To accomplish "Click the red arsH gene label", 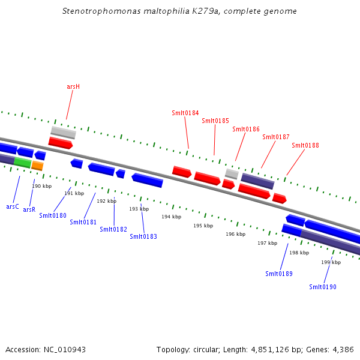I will coord(73,86).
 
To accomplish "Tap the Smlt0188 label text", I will coord(305,145).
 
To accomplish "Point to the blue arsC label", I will coord(13,206).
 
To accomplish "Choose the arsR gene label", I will coord(29,209).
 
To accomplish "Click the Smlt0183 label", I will coord(143,236).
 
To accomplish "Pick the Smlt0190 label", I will coord(323,287).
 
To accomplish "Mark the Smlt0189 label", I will coord(279,274).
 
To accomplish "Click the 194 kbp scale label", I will coord(171,217).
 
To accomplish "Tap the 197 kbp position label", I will coord(267,243).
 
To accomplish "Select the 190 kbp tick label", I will coord(41,186).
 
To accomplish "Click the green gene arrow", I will coord(23,162).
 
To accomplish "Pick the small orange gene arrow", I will coord(37,166).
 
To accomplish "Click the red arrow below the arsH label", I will coord(61,143).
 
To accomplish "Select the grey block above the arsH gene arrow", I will coord(63,132).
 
